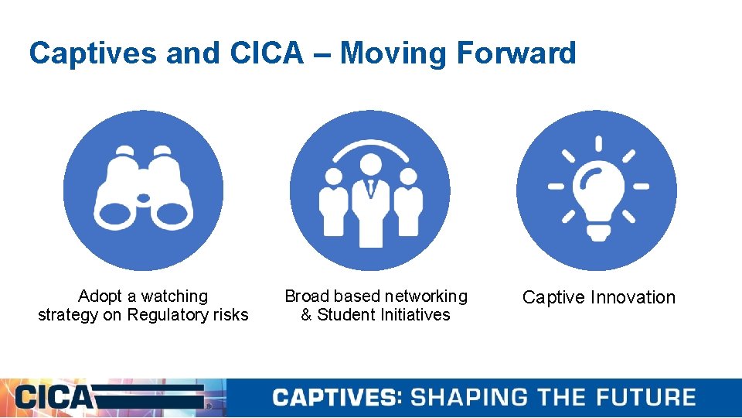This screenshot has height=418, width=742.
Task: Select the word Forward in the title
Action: pyautogui.click(x=516, y=53)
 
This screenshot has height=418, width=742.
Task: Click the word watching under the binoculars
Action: pyautogui.click(x=174, y=296)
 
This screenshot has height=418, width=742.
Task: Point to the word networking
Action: pyautogui.click(x=428, y=296)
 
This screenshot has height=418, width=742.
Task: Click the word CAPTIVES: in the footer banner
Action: pyautogui.click(x=337, y=398)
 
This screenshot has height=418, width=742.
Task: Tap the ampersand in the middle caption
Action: pyautogui.click(x=307, y=315)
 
